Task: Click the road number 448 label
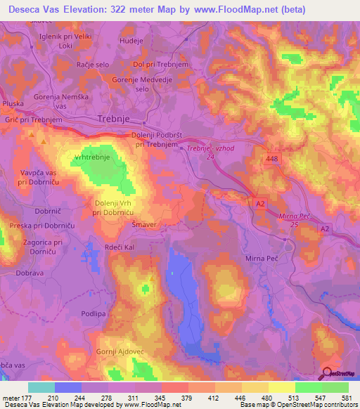click(275, 160)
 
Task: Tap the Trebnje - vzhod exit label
click(214, 148)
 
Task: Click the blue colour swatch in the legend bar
click(68, 387)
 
